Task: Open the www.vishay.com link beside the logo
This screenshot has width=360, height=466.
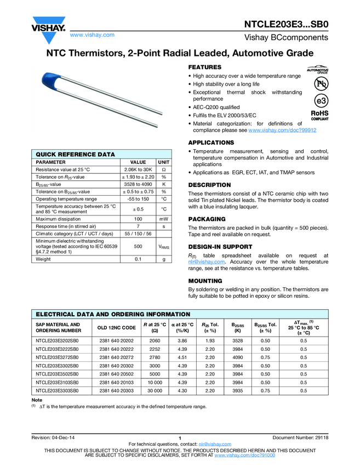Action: point(92,35)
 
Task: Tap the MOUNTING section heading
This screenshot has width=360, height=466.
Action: point(205,281)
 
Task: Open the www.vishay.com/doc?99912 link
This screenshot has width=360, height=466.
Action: point(282,130)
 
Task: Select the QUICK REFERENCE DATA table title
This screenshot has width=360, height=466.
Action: point(76,155)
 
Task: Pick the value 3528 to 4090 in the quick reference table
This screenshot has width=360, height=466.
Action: point(138,184)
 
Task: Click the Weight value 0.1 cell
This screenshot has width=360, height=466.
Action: point(138,259)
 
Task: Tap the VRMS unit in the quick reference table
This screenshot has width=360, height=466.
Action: point(164,247)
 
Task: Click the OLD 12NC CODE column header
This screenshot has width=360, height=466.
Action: point(117,327)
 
